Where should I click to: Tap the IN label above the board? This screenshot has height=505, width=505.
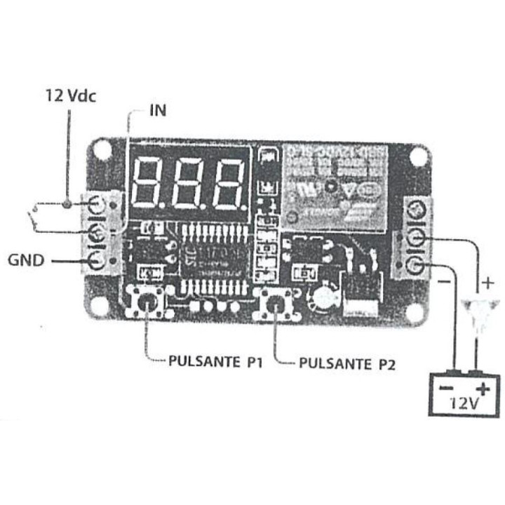coord(158,110)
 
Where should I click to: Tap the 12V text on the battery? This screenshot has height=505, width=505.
coord(464,403)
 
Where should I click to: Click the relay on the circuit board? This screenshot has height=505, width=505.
coord(335,186)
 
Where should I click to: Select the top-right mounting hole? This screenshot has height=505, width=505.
coord(419,156)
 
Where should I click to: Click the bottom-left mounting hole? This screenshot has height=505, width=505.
coord(99,307)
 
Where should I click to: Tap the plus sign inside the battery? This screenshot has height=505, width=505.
coord(482,389)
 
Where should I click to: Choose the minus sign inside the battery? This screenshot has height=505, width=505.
coord(445,388)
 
